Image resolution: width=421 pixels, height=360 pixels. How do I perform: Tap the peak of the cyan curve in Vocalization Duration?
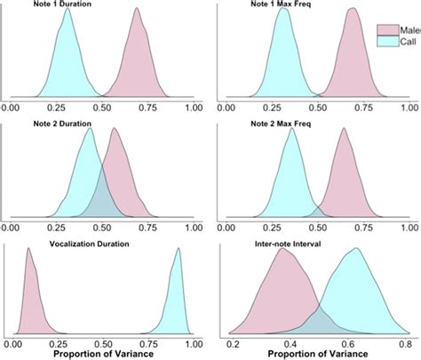tap(178, 252)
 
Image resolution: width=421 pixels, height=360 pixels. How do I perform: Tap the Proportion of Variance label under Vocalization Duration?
tap(102, 354)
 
